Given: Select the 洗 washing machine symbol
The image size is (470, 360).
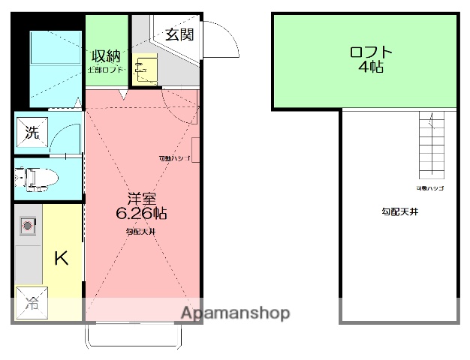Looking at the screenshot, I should tap(32, 133).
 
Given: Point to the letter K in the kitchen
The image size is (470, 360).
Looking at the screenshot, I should tap(61, 259).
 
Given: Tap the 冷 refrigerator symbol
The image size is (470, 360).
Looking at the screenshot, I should tap(32, 304).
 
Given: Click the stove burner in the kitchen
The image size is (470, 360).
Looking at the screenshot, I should tap(29, 224).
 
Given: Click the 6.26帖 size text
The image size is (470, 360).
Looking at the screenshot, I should tap(141, 213).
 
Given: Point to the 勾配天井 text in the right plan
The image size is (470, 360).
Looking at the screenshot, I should tap(399, 212).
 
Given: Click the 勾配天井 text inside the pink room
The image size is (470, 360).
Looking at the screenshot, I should tap(140, 232).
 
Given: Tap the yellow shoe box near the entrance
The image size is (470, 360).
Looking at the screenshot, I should tap(143, 69).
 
